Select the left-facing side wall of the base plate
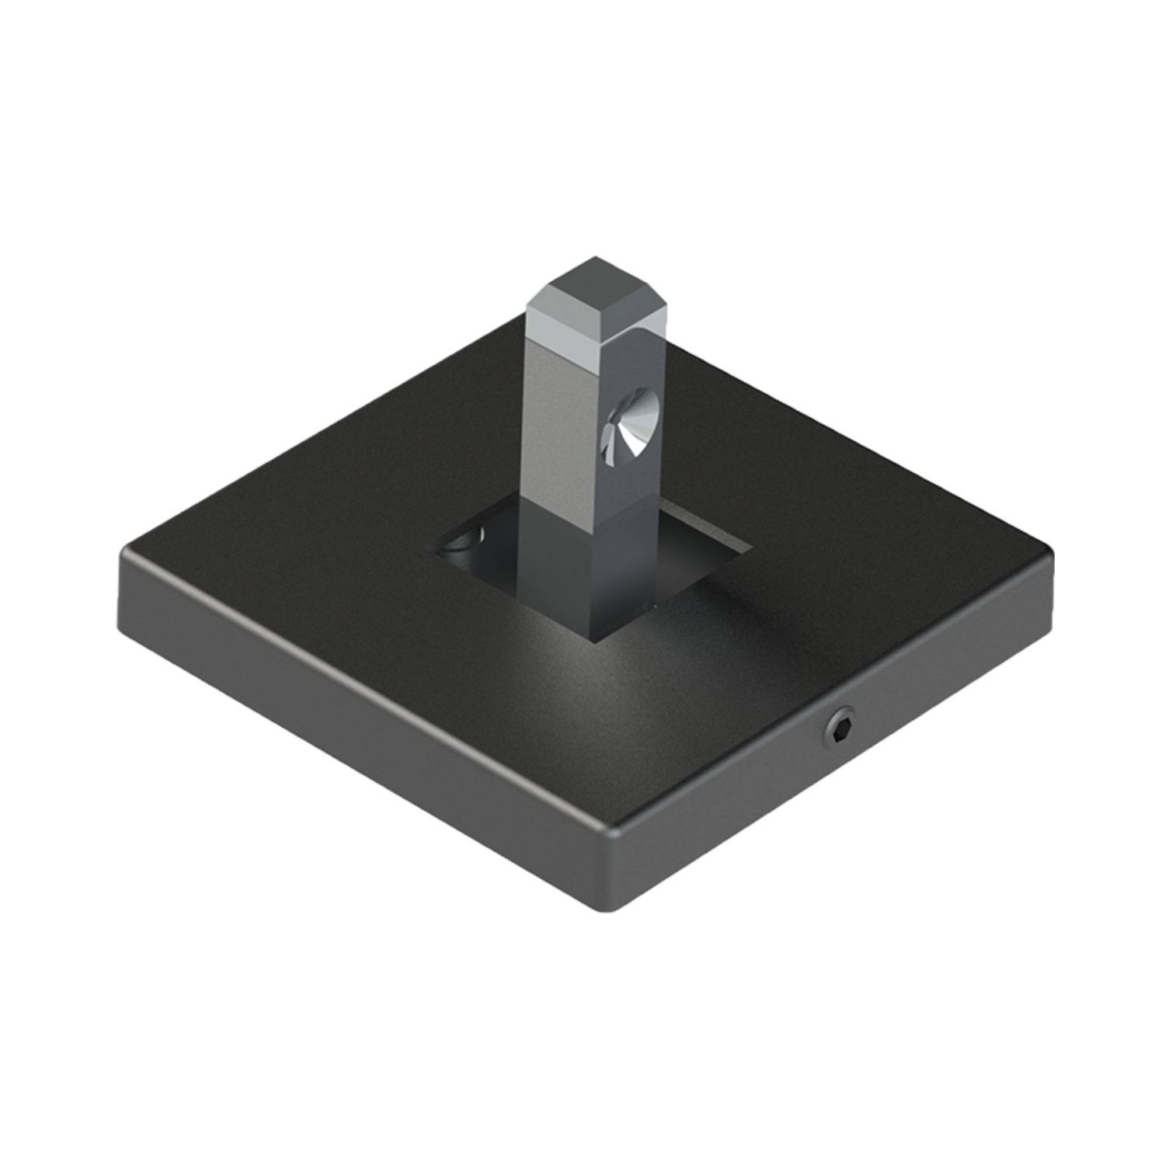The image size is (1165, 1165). coord(349,722)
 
